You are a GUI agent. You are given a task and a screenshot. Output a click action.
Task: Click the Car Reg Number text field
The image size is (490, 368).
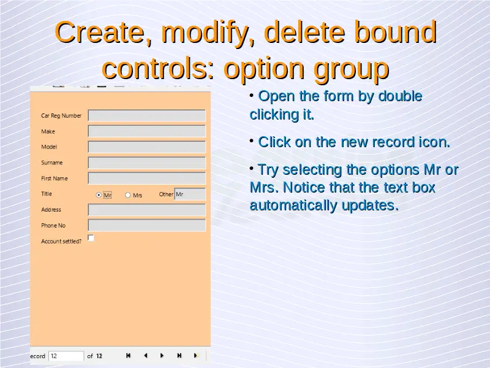coord(146,115)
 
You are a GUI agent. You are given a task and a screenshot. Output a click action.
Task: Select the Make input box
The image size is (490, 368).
coord(146,131)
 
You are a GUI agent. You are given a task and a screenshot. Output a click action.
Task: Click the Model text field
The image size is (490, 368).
coord(146,147)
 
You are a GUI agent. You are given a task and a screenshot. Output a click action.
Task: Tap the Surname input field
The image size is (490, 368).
coord(146,163)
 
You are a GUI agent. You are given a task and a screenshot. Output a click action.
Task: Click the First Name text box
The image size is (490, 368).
coord(146,178)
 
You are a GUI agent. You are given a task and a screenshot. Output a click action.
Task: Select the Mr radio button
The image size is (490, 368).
coord(99,195)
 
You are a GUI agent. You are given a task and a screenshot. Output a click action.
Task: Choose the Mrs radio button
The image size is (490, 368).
coord(127,195)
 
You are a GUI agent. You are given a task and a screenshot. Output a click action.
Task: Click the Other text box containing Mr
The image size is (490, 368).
coord(190,194)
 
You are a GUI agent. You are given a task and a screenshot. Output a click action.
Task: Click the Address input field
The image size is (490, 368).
coord(146,210)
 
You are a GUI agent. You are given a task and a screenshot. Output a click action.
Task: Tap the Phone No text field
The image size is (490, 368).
coord(146,225)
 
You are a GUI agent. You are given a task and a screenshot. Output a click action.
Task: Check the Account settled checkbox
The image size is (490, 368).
coord(91,238)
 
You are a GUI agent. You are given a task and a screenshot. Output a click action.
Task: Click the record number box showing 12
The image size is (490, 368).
coord(66,356)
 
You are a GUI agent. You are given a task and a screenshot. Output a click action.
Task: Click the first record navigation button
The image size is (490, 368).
coord(128,356)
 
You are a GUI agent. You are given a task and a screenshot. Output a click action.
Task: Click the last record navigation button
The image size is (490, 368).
coord(179,356)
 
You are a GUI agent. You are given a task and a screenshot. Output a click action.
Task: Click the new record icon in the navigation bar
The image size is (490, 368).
coord(196,356)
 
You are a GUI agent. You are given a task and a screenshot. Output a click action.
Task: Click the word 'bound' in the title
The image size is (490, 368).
coord(395,32)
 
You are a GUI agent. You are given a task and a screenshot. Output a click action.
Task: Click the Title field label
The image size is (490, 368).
coord(47,194)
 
